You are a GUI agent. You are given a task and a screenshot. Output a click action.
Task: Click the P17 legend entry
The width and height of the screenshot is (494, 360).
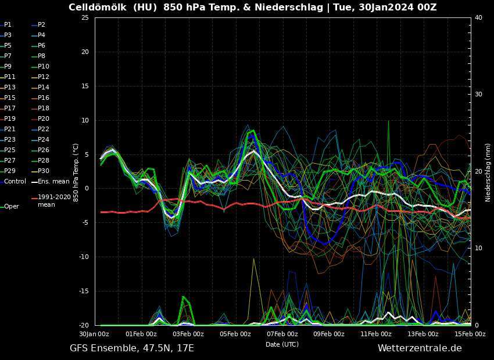pyautogui.click(x=10, y=108)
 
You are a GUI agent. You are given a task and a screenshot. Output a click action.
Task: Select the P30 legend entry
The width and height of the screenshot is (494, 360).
pyautogui.click(x=44, y=171)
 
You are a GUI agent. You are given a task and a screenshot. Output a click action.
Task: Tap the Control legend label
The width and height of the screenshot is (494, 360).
pyautogui.click(x=15, y=181)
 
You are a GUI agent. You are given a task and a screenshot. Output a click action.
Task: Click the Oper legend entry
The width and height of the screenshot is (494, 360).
pyautogui.click(x=12, y=206)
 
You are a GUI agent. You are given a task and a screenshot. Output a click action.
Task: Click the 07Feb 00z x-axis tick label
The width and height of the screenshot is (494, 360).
pyautogui.click(x=282, y=334)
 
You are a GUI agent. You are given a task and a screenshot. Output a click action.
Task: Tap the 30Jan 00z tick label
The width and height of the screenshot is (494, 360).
pyautogui.click(x=94, y=334)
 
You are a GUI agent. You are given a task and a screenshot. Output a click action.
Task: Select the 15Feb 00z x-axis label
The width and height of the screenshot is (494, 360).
pyautogui.click(x=470, y=334)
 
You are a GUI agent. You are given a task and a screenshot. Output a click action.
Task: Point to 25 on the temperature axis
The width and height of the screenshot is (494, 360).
pyautogui.click(x=85, y=17)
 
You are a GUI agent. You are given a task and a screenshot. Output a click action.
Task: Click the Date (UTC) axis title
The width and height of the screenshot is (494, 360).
pyautogui.click(x=282, y=344)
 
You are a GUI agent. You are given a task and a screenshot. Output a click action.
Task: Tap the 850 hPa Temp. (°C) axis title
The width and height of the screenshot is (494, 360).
pyautogui.click(x=76, y=171)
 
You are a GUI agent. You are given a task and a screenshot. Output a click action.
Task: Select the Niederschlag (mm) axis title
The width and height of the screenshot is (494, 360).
pyautogui.click(x=488, y=171)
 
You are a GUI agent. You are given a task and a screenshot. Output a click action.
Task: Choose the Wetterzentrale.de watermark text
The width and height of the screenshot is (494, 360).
pyautogui.click(x=420, y=348)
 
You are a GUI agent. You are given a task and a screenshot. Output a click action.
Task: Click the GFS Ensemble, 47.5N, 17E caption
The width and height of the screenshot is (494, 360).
pyautogui.click(x=132, y=348)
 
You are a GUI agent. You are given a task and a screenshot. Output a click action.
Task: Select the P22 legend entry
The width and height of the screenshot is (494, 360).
pyautogui.click(x=44, y=129)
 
